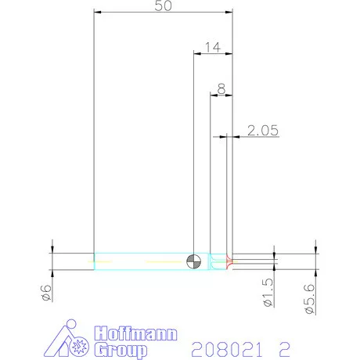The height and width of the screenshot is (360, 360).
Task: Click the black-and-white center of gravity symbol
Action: (194, 260)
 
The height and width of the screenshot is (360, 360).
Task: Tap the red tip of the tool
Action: (229, 261)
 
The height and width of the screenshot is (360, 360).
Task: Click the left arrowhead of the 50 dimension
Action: (97, 13)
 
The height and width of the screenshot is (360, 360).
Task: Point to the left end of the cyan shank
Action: (95, 261)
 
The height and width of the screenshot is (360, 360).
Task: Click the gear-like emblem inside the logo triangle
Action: (79, 345)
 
